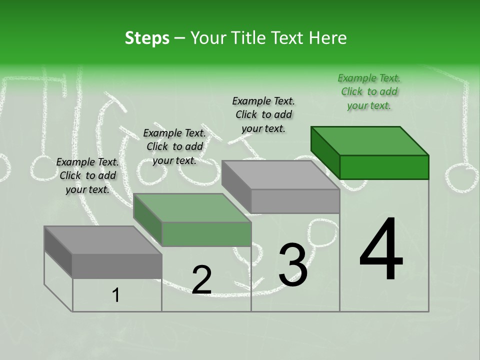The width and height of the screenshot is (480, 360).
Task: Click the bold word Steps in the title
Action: pyautogui.click(x=147, y=38)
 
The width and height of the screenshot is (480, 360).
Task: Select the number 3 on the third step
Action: pyautogui.click(x=292, y=264)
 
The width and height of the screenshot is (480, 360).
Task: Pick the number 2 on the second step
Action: pyautogui.click(x=201, y=279)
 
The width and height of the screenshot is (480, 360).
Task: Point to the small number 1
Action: pyautogui.click(x=116, y=295)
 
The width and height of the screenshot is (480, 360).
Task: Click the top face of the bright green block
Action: pyautogui.click(x=370, y=140)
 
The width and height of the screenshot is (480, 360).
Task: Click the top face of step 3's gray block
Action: pyautogui.click(x=280, y=175)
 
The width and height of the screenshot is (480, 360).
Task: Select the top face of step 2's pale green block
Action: pyautogui.click(x=192, y=208)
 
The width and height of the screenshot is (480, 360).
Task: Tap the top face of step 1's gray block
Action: pyautogui.click(x=103, y=240)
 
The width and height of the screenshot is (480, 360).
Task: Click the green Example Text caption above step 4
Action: pyautogui.click(x=369, y=91)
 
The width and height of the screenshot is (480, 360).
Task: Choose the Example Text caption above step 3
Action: pyautogui.click(x=263, y=114)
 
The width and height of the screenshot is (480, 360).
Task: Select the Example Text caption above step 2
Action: pyautogui.click(x=174, y=146)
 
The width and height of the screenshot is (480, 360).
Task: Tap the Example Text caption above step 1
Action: pyautogui.click(x=87, y=175)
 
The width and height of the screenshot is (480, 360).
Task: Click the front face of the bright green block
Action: pyautogui.click(x=384, y=167)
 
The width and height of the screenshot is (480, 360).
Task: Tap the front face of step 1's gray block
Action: pyautogui.click(x=117, y=266)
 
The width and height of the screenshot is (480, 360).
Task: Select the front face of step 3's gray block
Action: pyautogui.click(x=295, y=201)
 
